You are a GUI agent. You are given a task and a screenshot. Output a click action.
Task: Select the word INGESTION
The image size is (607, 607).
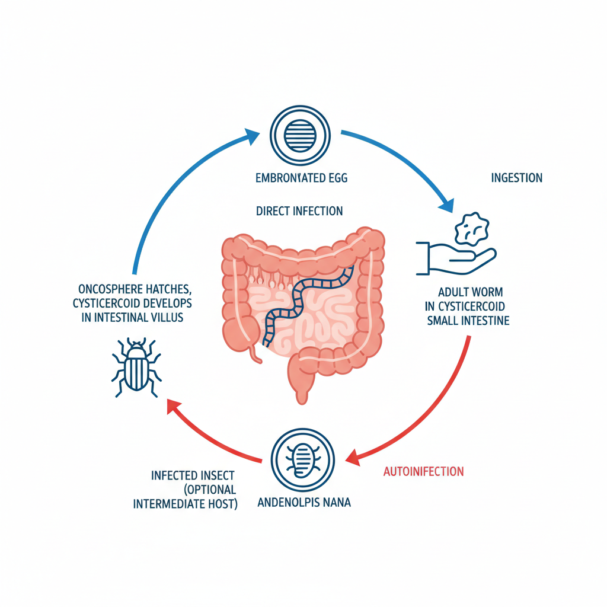point(516,178)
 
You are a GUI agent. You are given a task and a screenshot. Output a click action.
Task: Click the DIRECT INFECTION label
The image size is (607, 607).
point(299,211)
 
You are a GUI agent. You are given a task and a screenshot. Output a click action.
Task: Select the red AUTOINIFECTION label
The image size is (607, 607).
point(423,472)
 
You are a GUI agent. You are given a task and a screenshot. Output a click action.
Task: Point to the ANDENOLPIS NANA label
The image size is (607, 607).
point(305,503)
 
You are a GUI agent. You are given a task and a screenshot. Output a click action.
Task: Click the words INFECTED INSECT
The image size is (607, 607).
point(193,475)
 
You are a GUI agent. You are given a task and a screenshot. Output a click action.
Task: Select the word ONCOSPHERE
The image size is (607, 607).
point(107,289)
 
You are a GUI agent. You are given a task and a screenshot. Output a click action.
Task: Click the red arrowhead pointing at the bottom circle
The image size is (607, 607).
point(352,456)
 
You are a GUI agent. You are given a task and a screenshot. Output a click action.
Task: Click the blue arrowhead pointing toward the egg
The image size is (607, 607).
point(251,138)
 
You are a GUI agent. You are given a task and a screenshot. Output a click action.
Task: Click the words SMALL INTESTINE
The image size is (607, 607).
point(468,321)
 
